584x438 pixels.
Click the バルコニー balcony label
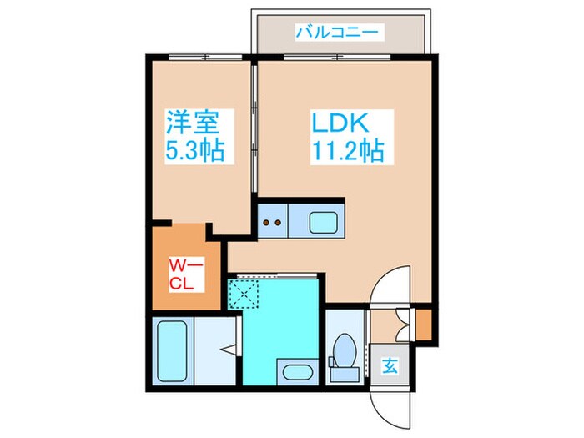[x=337, y=33]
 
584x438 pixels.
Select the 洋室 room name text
[x=191, y=123]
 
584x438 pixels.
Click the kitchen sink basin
[x=321, y=223]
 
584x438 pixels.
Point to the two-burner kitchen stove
[x=272, y=223]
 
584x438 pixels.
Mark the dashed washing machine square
[x=244, y=295]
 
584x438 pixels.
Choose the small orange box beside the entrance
[x=423, y=325]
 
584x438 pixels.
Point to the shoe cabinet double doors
[x=403, y=322]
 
